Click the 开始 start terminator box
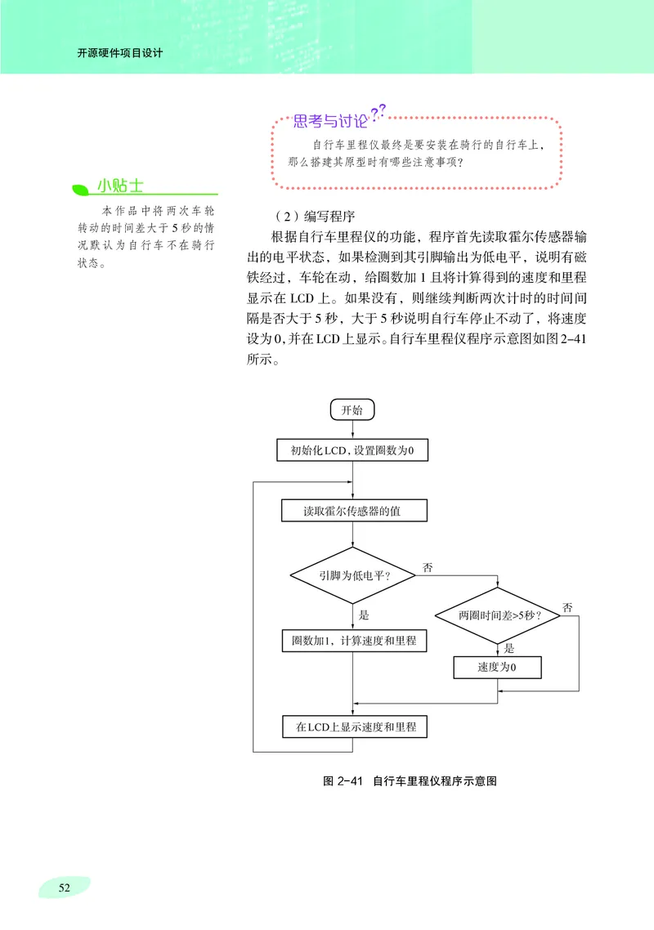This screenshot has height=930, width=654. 352,409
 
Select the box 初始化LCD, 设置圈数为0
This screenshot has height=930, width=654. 352,450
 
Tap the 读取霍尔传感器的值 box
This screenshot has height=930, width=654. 352,512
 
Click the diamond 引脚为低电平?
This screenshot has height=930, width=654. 352,575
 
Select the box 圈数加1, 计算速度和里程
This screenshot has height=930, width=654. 352,641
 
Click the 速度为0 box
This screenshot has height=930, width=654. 497,668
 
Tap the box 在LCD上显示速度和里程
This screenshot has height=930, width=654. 352,726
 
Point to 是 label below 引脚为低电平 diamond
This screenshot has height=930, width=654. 364,615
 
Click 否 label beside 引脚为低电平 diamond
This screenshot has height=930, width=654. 427,566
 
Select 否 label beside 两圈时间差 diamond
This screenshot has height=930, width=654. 567,607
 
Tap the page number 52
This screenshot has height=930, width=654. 64,888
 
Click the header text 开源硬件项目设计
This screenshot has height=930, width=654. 119,54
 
